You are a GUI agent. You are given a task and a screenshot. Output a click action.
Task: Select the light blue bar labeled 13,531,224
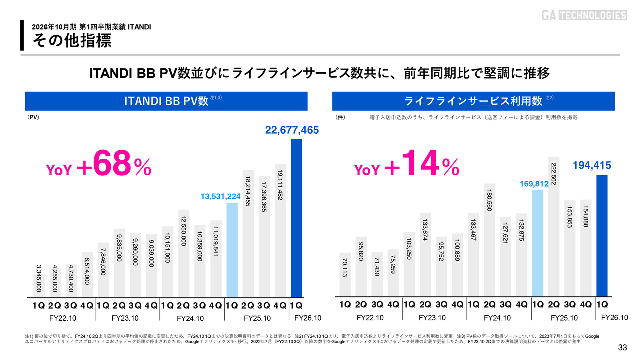coord(232,250)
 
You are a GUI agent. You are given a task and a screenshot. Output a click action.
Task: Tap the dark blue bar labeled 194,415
coord(602,235)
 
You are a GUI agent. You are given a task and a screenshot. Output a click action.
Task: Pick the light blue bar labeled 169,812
coord(537,243)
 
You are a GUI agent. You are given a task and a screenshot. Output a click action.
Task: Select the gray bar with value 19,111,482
coord(280,230)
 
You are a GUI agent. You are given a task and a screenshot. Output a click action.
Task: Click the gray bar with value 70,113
coord(345,274)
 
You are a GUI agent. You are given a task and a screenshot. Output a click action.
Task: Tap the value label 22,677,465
coord(291,130)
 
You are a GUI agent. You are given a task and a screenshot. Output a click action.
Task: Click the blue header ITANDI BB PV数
coord(166,101)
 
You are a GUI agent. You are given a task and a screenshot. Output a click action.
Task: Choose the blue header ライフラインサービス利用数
coord(473,101)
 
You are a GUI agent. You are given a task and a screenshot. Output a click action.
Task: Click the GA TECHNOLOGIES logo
coord(584,15)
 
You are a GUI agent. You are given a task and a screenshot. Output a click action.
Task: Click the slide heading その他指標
coord(72,41)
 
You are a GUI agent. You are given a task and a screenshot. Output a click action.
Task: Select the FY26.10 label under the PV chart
coord(308,318)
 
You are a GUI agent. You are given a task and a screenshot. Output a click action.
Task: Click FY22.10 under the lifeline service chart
coord(370,318)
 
